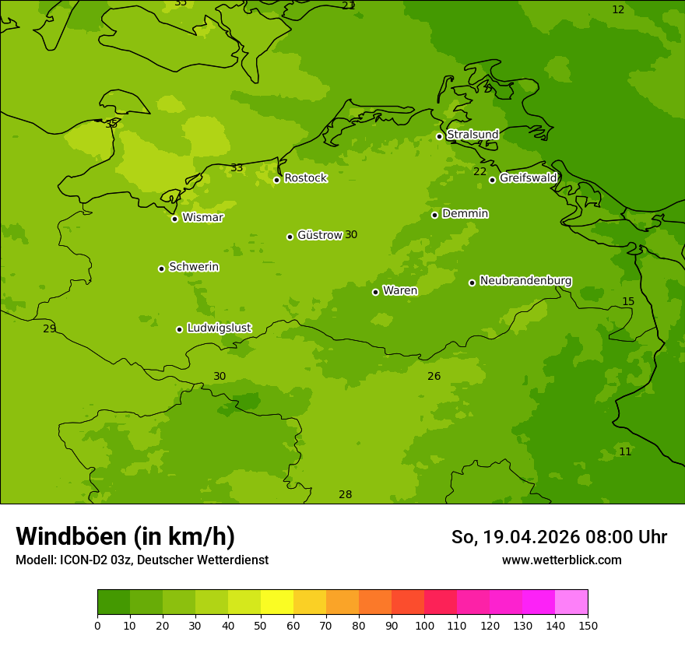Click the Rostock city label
click(x=305, y=178)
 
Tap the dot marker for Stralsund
click(x=439, y=136)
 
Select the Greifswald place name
click(x=528, y=178)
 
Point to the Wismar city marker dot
click(x=174, y=219)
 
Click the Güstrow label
click(x=319, y=235)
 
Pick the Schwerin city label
click(x=194, y=267)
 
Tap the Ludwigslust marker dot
click(x=179, y=329)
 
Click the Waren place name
click(x=400, y=291)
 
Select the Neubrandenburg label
click(x=525, y=281)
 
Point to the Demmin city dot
click(x=434, y=215)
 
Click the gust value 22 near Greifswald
click(x=479, y=172)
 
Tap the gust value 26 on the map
click(x=434, y=377)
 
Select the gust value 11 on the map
click(x=625, y=452)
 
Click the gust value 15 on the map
click(x=628, y=302)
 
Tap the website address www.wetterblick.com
click(x=561, y=560)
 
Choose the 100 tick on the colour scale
click(x=424, y=625)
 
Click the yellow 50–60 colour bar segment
click(x=277, y=602)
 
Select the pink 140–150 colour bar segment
click(x=571, y=602)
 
